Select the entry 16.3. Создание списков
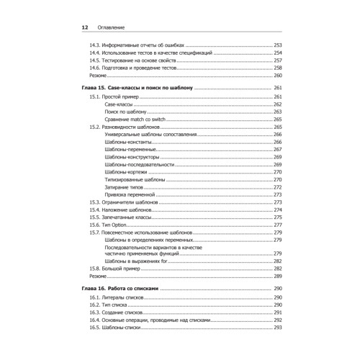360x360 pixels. click(116, 313)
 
